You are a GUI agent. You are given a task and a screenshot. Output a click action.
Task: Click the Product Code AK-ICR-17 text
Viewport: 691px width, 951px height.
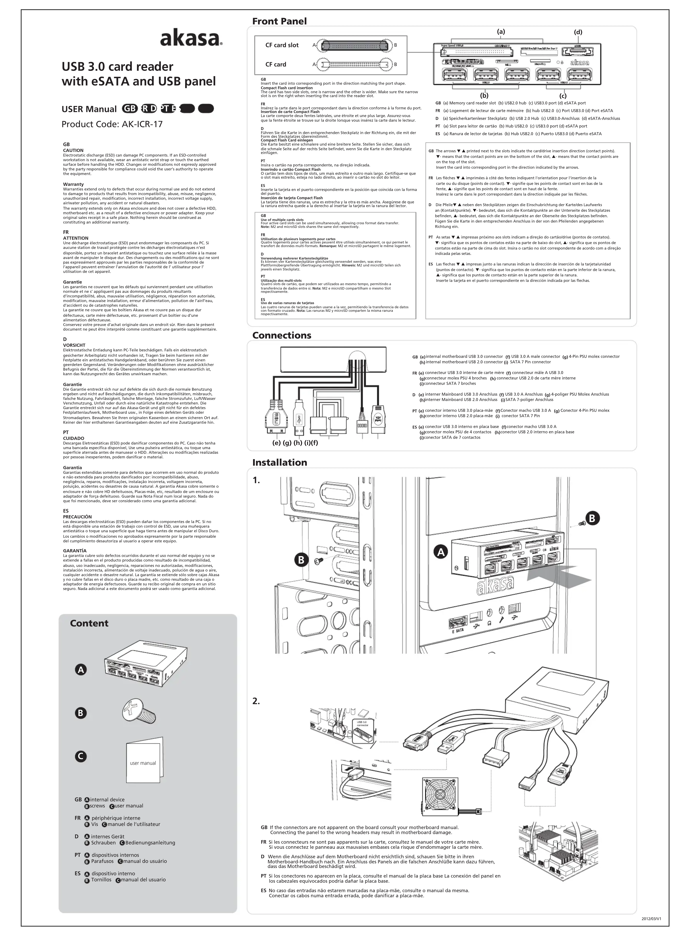pyautogui.click(x=112, y=124)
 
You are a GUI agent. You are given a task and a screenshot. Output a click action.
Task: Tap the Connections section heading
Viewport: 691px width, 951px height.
pyautogui.click(x=282, y=335)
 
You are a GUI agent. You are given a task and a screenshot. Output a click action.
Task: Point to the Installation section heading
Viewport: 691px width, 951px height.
pyautogui.click(x=280, y=462)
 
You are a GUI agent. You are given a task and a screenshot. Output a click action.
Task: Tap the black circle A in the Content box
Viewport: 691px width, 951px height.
pyautogui.click(x=80, y=670)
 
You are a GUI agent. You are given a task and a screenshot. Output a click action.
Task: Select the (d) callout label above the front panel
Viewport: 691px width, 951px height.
pyautogui.click(x=578, y=32)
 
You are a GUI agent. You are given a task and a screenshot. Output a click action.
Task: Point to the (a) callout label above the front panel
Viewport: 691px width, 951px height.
pyautogui.click(x=501, y=31)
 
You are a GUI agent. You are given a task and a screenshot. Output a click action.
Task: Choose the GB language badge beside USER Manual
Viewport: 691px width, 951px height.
pyautogui.click(x=130, y=109)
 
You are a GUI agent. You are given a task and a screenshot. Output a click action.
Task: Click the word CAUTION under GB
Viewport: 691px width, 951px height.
pyautogui.click(x=73, y=150)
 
